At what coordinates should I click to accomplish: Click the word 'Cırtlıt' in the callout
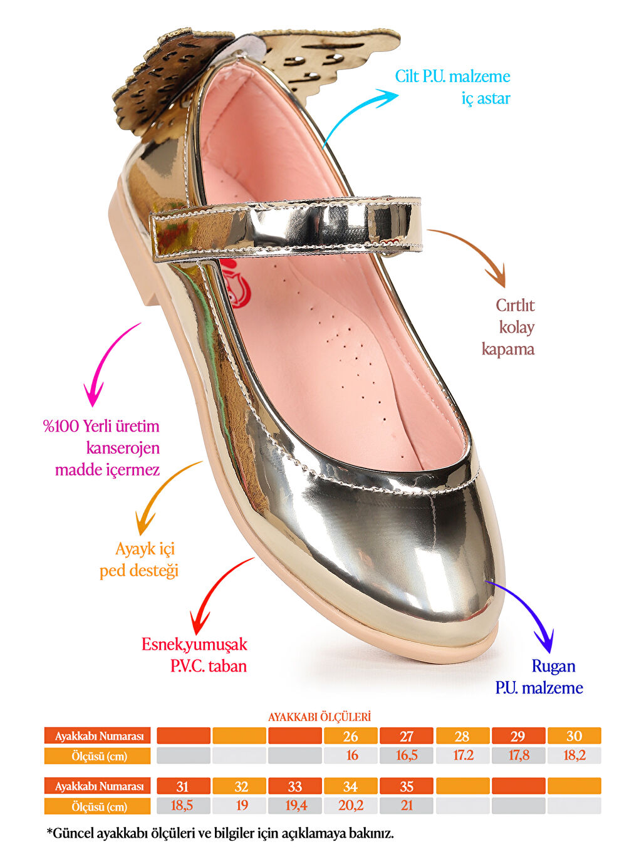click(x=515, y=305)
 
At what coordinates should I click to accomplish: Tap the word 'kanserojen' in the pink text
click(x=123, y=448)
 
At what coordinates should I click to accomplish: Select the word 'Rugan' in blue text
click(x=553, y=666)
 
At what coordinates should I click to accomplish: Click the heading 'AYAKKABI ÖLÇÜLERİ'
click(x=319, y=717)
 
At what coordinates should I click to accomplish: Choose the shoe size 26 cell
click(x=351, y=736)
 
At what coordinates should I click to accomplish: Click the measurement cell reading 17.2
click(x=463, y=756)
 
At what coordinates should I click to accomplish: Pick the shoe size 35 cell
click(x=407, y=786)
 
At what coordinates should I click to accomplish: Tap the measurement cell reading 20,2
click(x=351, y=806)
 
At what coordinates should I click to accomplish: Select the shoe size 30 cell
click(x=574, y=736)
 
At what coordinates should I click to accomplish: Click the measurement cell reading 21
click(x=407, y=806)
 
